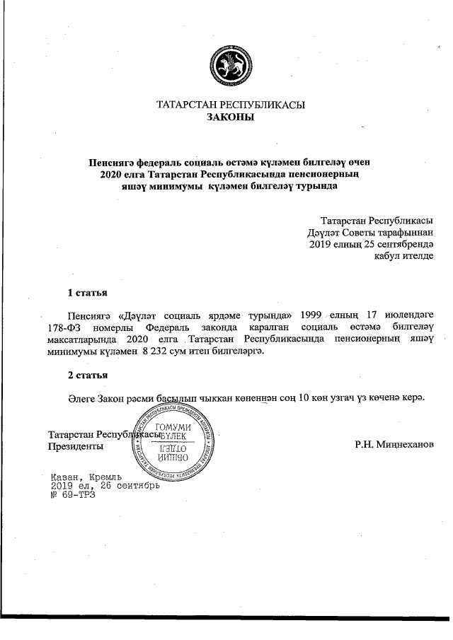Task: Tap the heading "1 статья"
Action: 88,291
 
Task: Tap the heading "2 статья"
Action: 88,374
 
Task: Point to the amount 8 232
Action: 157,351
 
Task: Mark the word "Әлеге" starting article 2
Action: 84,397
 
